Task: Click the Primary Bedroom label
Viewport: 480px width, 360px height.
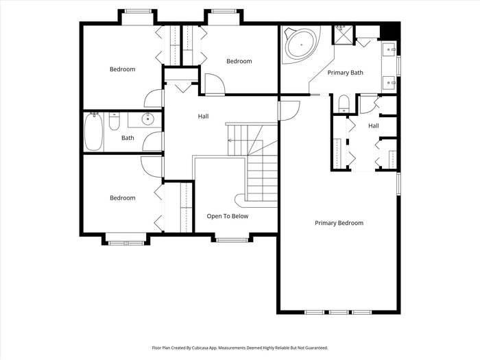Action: tap(339, 223)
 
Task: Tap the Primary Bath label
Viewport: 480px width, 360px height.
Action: tap(346, 73)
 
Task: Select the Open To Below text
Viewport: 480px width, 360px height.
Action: tap(228, 216)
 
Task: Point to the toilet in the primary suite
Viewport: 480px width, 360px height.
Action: tap(344, 104)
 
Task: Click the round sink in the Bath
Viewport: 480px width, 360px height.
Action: tap(148, 119)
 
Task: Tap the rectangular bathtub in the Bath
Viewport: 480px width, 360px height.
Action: tap(93, 132)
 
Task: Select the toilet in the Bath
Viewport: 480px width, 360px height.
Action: tap(115, 121)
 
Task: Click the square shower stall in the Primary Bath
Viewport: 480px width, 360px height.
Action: tap(343, 35)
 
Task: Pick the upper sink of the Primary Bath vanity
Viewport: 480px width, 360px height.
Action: tap(389, 49)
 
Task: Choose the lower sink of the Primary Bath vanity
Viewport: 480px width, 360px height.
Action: tap(389, 83)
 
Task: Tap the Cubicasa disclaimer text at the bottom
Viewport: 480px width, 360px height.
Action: tap(240, 348)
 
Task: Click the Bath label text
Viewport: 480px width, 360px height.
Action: tap(128, 138)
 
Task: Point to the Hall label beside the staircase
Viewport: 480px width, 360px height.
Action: tap(203, 117)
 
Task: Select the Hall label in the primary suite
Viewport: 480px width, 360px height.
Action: tap(374, 125)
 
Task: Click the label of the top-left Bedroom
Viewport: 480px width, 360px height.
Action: tap(123, 69)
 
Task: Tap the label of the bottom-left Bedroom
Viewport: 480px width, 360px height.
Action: tap(123, 198)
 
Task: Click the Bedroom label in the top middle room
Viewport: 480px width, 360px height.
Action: tap(239, 61)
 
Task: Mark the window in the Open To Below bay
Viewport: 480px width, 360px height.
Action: tap(232, 240)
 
